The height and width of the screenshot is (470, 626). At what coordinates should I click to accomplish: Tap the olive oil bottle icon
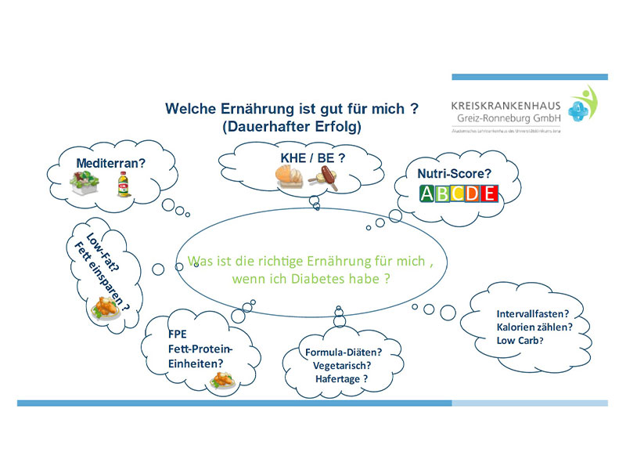(124, 186)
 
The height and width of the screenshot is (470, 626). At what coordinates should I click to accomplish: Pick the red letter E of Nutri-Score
(489, 194)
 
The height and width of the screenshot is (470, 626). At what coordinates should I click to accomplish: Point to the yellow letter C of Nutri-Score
(459, 194)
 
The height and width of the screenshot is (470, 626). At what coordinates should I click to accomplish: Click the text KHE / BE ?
(313, 157)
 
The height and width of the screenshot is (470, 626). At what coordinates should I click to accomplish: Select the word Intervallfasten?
(533, 314)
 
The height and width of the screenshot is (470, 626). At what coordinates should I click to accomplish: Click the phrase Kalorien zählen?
(533, 327)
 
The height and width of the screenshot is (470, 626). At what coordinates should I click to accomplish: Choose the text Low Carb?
(520, 340)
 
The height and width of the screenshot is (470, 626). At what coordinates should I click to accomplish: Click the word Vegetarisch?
(341, 365)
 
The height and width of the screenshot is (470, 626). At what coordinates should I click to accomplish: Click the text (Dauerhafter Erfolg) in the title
(292, 125)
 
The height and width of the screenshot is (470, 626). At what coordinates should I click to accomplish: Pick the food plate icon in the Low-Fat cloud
(106, 309)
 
